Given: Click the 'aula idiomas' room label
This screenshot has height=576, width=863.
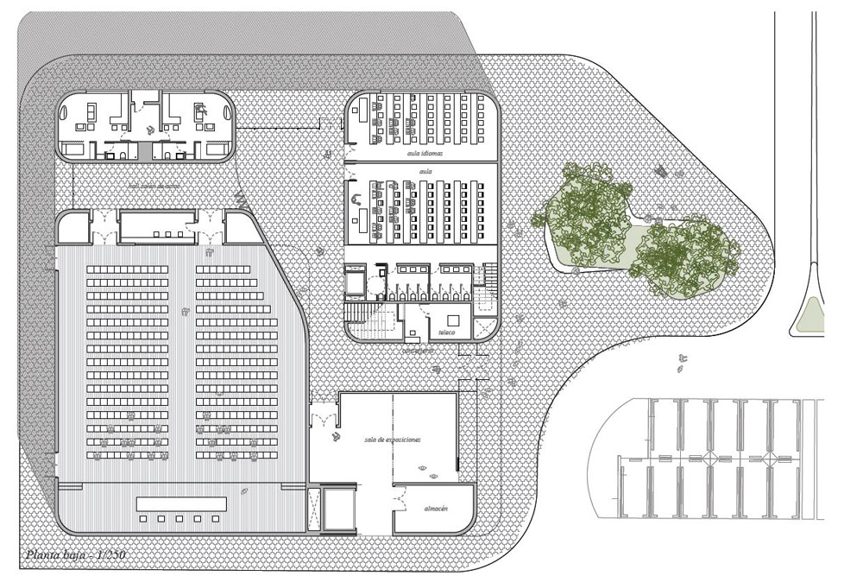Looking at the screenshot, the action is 425,153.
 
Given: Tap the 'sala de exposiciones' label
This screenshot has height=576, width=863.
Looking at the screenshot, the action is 392,440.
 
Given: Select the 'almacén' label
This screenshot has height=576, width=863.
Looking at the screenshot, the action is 435,509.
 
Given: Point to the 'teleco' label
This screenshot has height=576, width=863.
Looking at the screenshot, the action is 446,332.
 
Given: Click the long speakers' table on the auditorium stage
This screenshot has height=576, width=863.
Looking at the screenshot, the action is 181,503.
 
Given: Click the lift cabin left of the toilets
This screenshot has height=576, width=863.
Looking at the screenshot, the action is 355,282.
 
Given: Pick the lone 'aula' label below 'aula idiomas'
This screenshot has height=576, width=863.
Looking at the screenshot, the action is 425,171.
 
